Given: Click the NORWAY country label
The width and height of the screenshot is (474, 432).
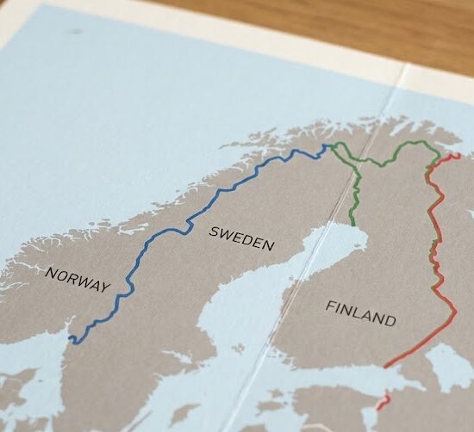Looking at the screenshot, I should tap(78, 280).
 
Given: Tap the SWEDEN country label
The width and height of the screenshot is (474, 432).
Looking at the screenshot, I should tap(241, 238).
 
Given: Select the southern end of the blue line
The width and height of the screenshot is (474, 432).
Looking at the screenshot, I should tap(73, 342).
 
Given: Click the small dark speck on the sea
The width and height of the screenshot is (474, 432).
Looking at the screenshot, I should tap(75, 31).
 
